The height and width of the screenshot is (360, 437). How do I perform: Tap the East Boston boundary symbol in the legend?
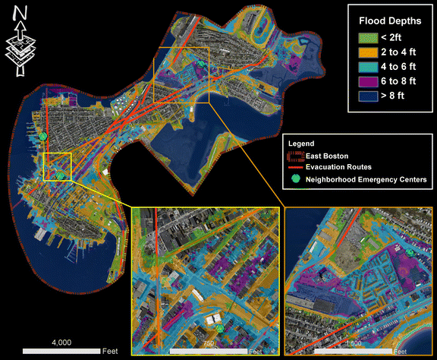point(294,155)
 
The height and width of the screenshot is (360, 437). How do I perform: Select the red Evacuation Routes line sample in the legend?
point(294,167)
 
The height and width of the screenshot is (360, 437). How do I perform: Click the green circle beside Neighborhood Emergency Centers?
point(294,179)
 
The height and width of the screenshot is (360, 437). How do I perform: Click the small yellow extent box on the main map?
point(57,166)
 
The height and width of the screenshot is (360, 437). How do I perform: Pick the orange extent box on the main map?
point(181,74)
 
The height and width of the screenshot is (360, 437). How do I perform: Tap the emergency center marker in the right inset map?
point(410,251)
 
